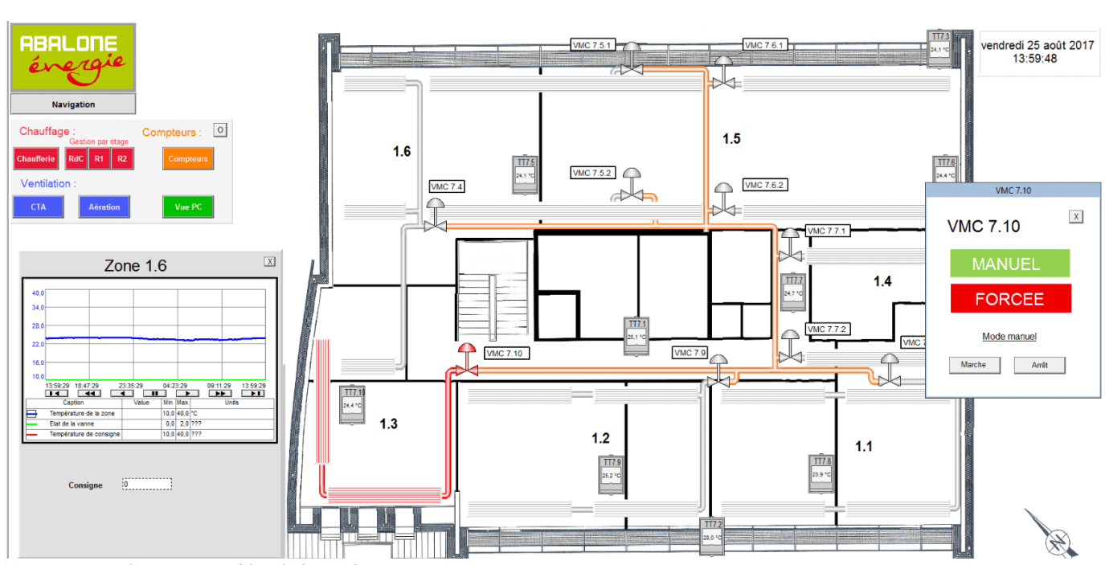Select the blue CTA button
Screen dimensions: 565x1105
(x=39, y=207)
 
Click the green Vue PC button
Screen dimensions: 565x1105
(x=187, y=207)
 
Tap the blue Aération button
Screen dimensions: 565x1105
(x=104, y=207)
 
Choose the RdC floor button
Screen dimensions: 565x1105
(x=76, y=159)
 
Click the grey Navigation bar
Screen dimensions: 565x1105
(x=73, y=104)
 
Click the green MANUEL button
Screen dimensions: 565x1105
(x=1009, y=264)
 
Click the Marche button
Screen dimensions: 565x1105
(x=972, y=365)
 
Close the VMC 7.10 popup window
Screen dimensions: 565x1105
(x=1077, y=216)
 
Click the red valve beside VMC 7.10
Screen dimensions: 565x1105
(x=467, y=362)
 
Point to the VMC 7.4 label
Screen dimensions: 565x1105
(x=447, y=186)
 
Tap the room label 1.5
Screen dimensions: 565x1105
(x=731, y=139)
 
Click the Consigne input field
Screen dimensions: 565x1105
(x=147, y=485)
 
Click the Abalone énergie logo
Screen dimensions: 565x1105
(x=72, y=56)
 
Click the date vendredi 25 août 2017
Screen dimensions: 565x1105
(x=1037, y=46)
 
